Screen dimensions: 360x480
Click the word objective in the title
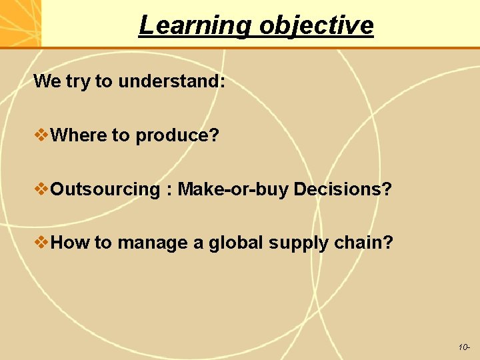point(317,25)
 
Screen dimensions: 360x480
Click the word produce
point(177,136)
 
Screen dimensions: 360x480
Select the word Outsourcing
point(105,189)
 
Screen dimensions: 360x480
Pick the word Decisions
point(342,189)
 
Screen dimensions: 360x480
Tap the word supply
point(289,243)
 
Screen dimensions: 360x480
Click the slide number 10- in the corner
point(464,347)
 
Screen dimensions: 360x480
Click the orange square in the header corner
point(20,23)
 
